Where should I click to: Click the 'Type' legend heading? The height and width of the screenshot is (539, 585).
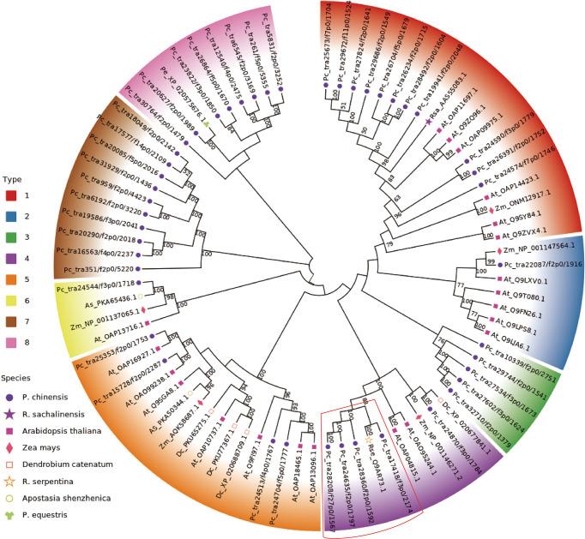[x=12, y=179]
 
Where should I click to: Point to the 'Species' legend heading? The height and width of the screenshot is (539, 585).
[x=17, y=376]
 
